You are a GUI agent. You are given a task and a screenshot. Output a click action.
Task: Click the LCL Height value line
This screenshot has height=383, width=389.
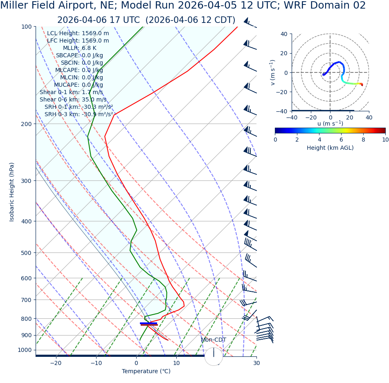(x=78, y=33)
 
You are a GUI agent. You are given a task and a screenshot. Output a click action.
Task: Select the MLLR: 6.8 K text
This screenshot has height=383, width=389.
(x=79, y=48)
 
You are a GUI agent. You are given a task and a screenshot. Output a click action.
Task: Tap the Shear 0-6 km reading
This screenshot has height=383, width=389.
(x=73, y=99)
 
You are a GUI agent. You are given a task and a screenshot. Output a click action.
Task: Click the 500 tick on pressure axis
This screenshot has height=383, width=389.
(x=26, y=253)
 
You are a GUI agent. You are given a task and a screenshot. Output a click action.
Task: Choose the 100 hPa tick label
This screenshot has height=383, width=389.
(x=26, y=27)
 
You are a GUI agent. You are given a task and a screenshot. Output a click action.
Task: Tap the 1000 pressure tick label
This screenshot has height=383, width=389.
(x=25, y=350)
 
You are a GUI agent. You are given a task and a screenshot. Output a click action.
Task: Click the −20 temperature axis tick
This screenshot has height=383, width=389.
(x=56, y=363)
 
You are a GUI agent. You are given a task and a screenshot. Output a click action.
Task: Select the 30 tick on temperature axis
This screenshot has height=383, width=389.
(x=256, y=363)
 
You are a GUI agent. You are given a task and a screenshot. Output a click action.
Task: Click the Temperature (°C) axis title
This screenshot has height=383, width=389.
(x=146, y=371)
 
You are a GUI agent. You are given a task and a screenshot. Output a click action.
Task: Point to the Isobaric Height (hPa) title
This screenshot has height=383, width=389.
(x=12, y=192)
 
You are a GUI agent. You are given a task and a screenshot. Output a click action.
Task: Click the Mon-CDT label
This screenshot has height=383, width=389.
(x=214, y=340)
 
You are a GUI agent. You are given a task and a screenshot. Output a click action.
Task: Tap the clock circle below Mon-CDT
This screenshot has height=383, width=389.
(x=214, y=356)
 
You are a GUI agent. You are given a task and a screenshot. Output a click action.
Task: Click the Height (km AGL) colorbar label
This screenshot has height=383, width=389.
(x=330, y=148)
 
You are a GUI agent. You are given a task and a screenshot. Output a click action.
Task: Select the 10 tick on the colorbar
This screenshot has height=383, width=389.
(x=385, y=140)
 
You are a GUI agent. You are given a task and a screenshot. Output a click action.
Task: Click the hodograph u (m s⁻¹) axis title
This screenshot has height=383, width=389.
(x=330, y=124)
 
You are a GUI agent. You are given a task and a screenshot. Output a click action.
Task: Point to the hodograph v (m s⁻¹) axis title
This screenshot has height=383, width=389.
(x=273, y=72)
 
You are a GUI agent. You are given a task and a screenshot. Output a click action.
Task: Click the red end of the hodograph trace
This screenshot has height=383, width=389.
(x=362, y=85)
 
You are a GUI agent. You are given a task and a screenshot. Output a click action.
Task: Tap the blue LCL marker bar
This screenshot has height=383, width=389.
(x=148, y=323)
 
